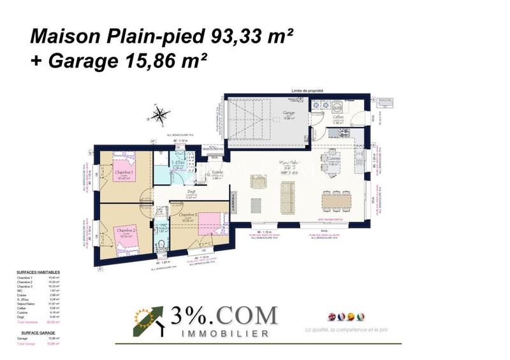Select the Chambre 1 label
[123, 173]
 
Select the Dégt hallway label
[189, 194]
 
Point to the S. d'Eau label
[178, 164]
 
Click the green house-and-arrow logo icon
[147, 321]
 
